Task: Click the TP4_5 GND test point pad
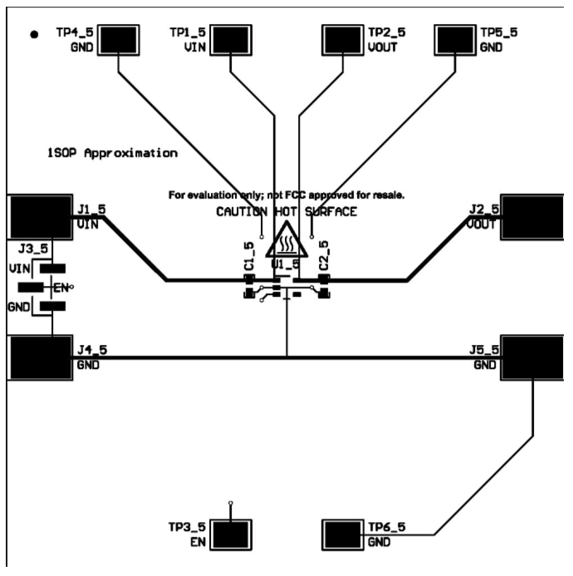tap(121, 38)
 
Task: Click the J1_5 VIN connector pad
tap(39, 216)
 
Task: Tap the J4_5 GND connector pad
tap(39, 357)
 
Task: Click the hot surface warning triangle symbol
tap(286, 242)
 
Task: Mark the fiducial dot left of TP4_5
tap(33, 35)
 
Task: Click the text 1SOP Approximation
tap(112, 154)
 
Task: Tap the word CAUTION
tap(242, 212)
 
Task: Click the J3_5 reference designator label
tap(32, 248)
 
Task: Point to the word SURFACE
tap(331, 212)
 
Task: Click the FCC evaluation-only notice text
tap(286, 196)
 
